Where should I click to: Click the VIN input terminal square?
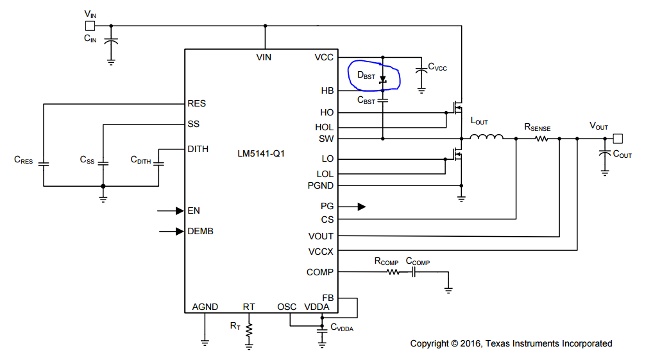tap(90, 26)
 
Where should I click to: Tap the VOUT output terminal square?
tap(618, 139)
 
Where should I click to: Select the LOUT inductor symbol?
tap(486, 136)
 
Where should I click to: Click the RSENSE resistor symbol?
tap(541, 139)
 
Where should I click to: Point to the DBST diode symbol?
tap(383, 79)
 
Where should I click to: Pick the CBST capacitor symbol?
tap(383, 100)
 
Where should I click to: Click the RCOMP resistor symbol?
tap(393, 272)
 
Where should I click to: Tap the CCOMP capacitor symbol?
tap(414, 272)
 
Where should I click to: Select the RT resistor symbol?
tap(249, 330)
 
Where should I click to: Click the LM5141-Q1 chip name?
tap(261, 154)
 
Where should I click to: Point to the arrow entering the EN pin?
tap(171, 211)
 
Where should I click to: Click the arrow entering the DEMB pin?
tap(171, 231)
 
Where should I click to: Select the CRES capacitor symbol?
tap(44, 164)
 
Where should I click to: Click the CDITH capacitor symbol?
tap(158, 164)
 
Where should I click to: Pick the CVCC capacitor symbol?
tap(421, 72)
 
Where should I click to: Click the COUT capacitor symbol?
tap(605, 153)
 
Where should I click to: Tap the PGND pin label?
tap(320, 186)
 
